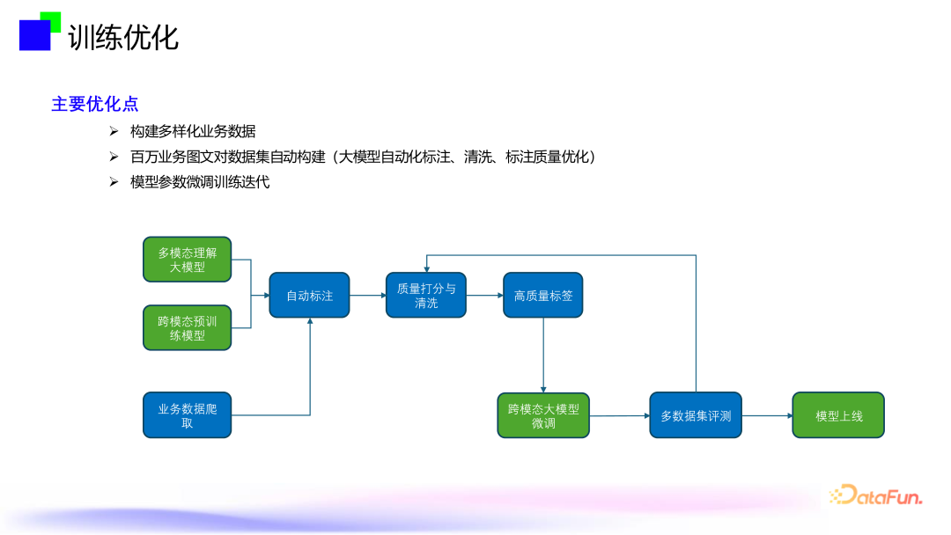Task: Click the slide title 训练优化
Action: click(x=123, y=37)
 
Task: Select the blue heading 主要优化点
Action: click(x=95, y=104)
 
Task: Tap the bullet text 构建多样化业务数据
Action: click(x=193, y=131)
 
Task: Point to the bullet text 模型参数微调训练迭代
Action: click(x=200, y=182)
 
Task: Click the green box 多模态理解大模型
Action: click(x=188, y=260)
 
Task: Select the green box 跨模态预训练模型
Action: click(x=188, y=328)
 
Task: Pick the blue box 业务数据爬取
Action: click(x=188, y=415)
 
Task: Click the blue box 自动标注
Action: click(x=309, y=296)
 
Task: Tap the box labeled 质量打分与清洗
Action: click(x=426, y=296)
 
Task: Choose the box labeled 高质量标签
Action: click(x=543, y=296)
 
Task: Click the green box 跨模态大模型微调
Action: click(x=543, y=415)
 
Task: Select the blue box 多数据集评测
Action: click(x=696, y=415)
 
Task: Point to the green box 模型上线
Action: click(x=838, y=415)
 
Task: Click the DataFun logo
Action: click(x=876, y=495)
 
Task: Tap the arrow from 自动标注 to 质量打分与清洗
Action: click(x=367, y=296)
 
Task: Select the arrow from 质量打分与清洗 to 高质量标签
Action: click(x=484, y=296)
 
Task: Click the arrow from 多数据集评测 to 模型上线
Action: click(x=767, y=415)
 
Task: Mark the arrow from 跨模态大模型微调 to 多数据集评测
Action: click(x=620, y=415)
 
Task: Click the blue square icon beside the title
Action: click(x=35, y=35)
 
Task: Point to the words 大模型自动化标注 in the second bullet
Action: click(x=390, y=157)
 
